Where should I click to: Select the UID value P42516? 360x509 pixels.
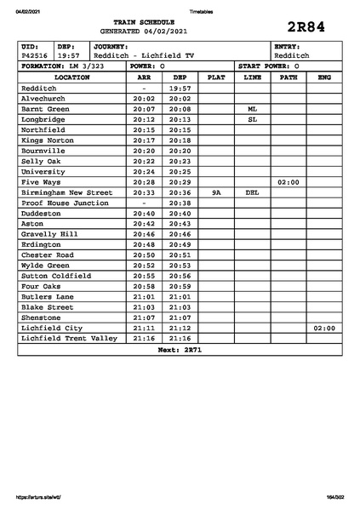coord(35,55)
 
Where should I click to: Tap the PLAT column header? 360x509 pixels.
coord(216,77)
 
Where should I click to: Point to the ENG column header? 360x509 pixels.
coord(323,77)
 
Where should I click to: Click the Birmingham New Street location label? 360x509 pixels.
coord(66,192)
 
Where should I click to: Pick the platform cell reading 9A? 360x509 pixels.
coord(216,192)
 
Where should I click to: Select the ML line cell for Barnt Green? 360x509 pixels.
coord(252,110)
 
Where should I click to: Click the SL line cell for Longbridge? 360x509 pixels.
coord(252,120)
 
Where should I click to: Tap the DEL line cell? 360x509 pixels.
coord(252,192)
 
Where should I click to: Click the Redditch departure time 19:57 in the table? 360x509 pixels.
coord(179,88)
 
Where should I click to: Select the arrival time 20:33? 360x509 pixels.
coord(144,192)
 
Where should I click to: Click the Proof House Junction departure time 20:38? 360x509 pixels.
coord(179,203)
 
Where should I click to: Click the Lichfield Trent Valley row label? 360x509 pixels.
coord(68,338)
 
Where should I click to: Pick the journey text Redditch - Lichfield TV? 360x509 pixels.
coord(144,55)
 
